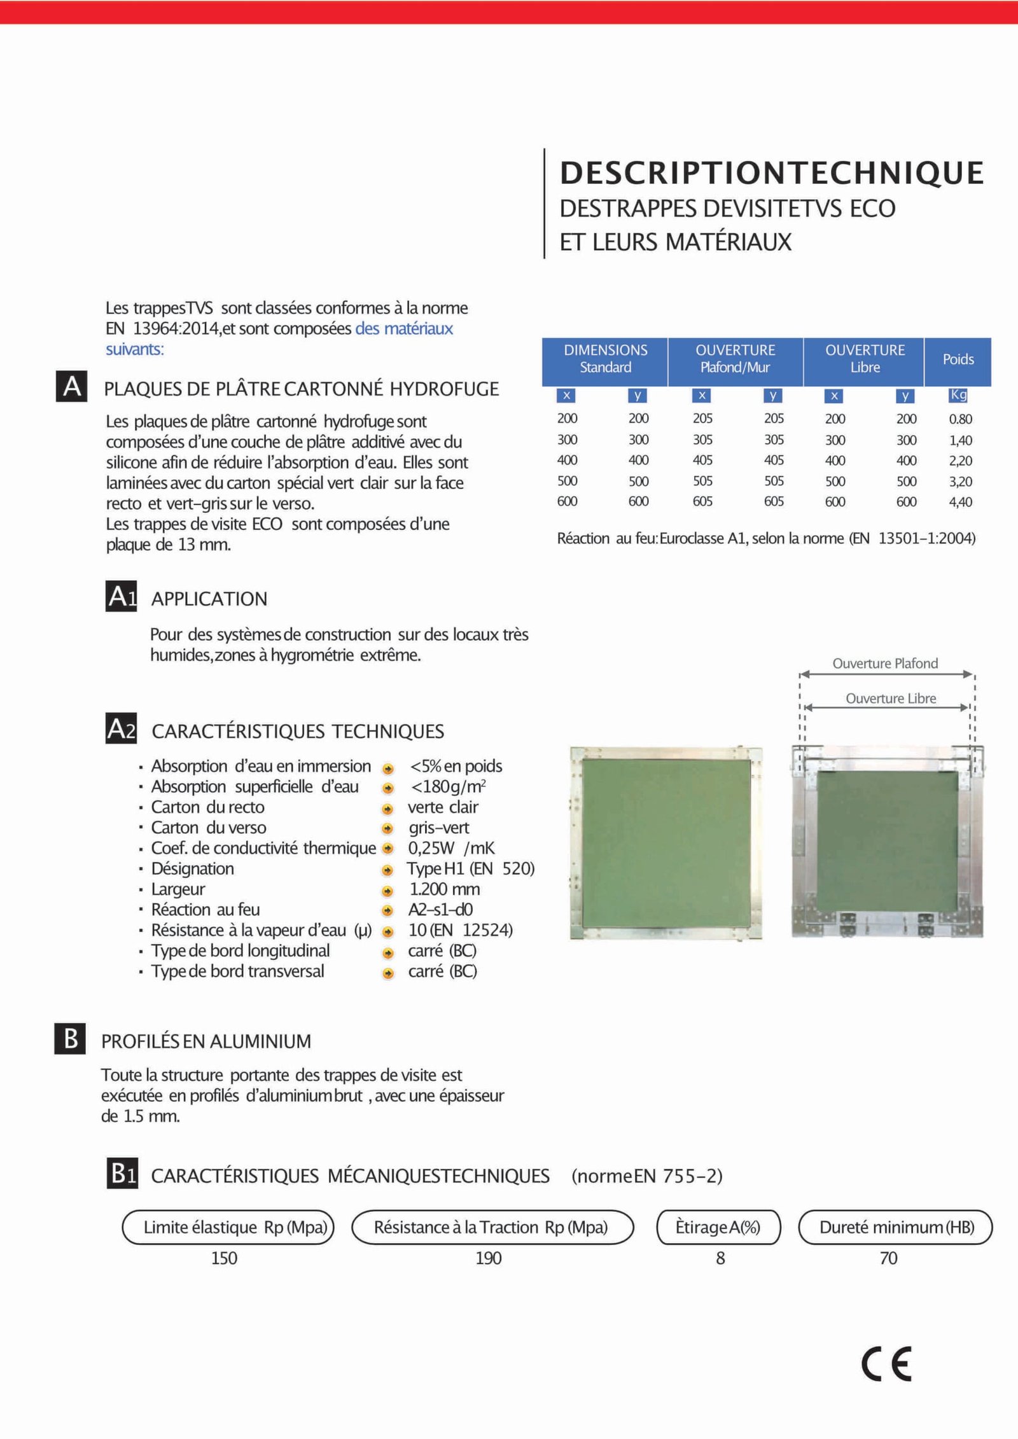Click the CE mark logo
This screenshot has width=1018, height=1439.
886,1364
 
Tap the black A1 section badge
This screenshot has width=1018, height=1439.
122,597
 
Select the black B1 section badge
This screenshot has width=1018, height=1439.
122,1174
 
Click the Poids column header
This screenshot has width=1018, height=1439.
958,359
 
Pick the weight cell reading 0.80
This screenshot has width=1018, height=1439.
960,419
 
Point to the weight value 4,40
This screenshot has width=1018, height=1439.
960,502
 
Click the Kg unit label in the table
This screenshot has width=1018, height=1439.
958,395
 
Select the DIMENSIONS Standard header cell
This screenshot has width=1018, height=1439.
605,359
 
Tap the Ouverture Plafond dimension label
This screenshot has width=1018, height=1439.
885,664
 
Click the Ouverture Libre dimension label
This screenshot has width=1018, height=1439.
891,699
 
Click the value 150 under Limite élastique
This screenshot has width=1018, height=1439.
224,1258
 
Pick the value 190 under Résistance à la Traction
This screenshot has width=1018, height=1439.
488,1258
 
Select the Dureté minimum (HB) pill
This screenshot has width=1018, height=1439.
896,1227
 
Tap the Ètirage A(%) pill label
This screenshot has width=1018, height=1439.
718,1227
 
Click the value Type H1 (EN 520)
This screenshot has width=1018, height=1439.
470,869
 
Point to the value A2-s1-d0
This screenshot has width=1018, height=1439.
440,910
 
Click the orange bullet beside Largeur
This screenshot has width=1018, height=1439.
387,891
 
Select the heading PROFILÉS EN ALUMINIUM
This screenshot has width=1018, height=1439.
206,1041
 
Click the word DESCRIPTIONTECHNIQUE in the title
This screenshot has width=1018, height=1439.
772,173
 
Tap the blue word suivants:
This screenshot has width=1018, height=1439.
135,349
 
